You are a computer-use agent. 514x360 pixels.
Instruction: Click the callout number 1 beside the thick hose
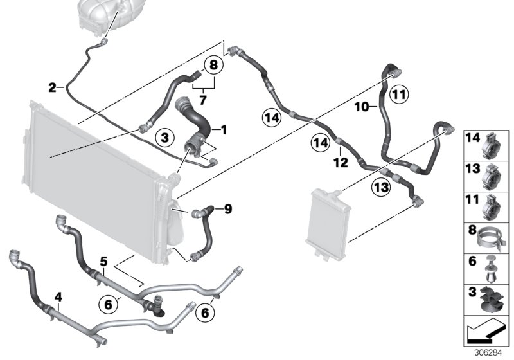coord(224,130)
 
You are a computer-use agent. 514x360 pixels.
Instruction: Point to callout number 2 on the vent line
coord(53,86)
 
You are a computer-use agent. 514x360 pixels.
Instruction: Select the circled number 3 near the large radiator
coord(164,137)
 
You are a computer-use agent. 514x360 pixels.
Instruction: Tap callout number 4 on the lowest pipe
coord(58,297)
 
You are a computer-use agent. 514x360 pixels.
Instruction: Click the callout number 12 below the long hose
coord(340,163)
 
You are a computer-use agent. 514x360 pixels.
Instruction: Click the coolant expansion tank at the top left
coord(103,14)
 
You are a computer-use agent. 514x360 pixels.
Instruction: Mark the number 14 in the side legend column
coord(473,138)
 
